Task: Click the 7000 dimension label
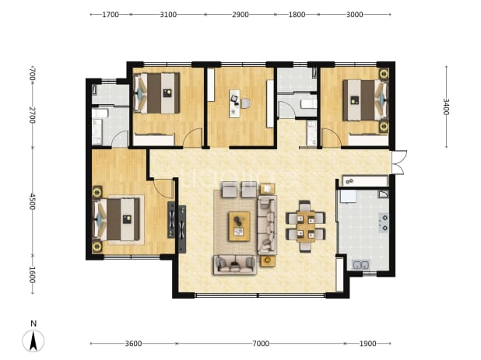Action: tap(261, 344)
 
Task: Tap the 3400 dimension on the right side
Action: tap(446, 107)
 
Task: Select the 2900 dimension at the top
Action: tap(240, 15)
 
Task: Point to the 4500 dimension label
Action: tap(32, 201)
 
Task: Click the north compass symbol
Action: tap(33, 341)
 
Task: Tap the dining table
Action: tap(306, 227)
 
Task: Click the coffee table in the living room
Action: tap(239, 226)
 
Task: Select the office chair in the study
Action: tap(245, 103)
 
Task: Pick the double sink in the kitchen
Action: tap(361, 264)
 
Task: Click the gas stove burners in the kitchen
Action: tap(384, 222)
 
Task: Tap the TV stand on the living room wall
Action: tap(182, 229)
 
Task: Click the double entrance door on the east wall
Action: tap(399, 163)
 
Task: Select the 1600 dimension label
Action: tap(32, 274)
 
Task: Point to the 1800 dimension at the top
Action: tap(297, 15)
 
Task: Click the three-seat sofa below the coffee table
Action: tap(235, 264)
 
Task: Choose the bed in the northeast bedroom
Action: tap(365, 100)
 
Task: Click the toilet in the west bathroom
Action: tap(100, 114)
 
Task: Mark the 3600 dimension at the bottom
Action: tap(133, 344)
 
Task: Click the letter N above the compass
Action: tap(33, 323)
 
